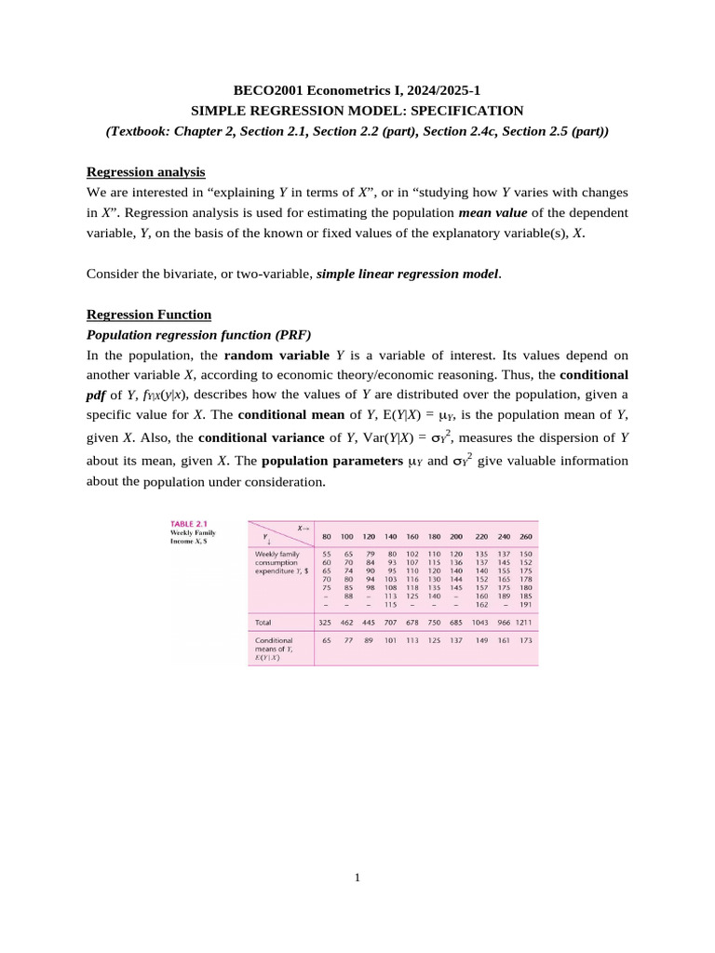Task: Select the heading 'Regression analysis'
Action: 145,171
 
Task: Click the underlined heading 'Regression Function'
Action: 148,314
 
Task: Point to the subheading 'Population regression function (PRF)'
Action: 198,334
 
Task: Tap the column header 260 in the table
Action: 526,537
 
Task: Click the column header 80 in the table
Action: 327,537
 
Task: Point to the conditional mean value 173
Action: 526,640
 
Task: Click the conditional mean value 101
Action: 391,640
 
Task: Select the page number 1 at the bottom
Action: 357,876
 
